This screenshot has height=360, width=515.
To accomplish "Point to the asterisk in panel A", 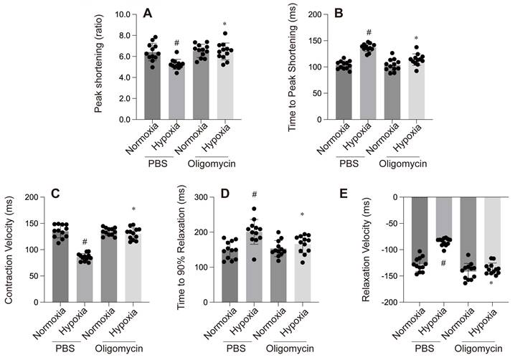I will tap(204, 24).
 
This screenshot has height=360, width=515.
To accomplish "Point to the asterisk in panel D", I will tap(303, 214).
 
